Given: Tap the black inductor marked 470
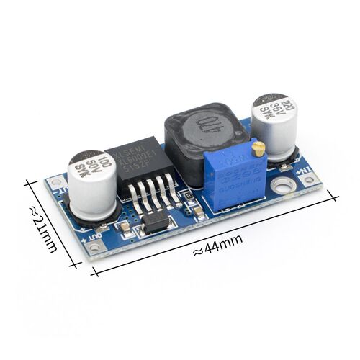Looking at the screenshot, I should point(203,130).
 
